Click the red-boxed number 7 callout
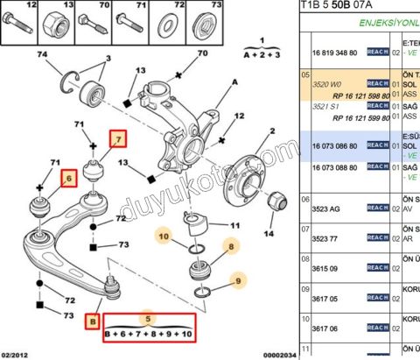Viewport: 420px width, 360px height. click(x=117, y=138)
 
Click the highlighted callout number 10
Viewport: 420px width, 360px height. click(x=164, y=235)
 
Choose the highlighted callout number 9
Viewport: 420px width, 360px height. click(x=236, y=280)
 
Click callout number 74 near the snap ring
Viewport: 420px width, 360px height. click(x=38, y=56)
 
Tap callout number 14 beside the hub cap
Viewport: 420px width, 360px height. click(x=268, y=235)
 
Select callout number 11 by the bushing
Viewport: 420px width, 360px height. click(x=233, y=226)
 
